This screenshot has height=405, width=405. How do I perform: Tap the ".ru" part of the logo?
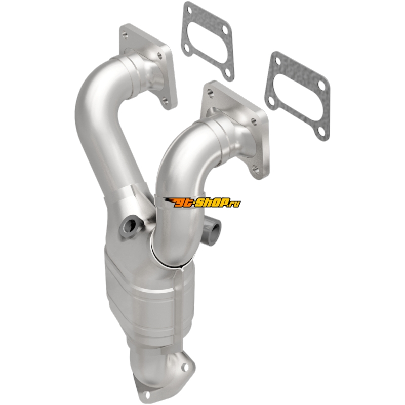(x=236, y=204)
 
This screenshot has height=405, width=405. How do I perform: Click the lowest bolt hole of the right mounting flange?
(x=256, y=169)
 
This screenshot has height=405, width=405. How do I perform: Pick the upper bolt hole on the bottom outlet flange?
(x=184, y=367)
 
